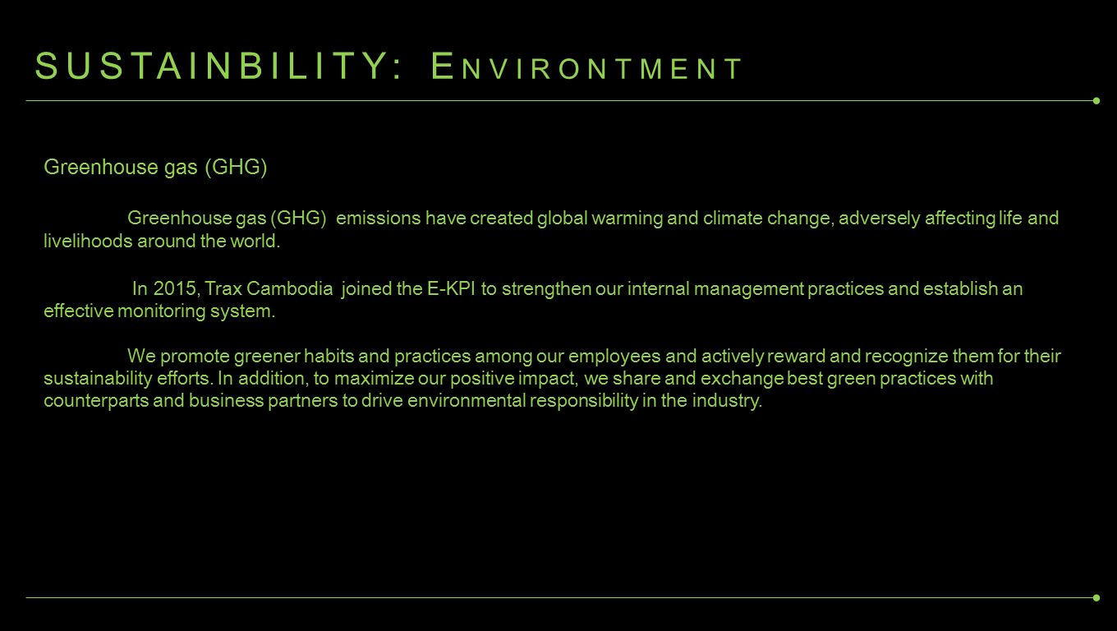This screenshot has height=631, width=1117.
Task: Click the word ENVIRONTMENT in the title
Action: coord(586,66)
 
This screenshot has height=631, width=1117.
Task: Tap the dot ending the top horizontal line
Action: coord(1096,101)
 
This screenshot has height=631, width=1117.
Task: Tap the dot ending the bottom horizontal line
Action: coord(1096,597)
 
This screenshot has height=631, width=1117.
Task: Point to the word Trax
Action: coord(223,289)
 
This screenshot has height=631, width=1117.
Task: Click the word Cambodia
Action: coord(290,289)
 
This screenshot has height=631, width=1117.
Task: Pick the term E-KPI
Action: coord(451,289)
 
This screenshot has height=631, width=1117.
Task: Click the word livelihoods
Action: coord(88,241)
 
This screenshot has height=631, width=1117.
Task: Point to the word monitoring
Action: coord(162,311)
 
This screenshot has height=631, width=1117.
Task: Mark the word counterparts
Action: coord(96,401)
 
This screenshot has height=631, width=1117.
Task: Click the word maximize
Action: coord(374,379)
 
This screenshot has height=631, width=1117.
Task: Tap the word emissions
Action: coord(379,218)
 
